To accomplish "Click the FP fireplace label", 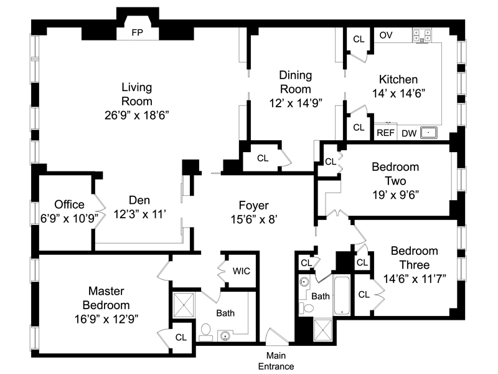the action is tap(137, 33).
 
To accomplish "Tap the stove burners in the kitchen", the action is tap(422, 36).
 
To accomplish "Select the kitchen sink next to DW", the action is tap(429, 132).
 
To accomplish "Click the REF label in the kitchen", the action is tap(385, 133).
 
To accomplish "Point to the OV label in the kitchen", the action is tap(386, 35).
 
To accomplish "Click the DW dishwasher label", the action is tap(409, 133).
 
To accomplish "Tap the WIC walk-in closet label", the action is tap(242, 271).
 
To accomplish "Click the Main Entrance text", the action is tap(276, 361).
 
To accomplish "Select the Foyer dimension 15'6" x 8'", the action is tap(254, 219).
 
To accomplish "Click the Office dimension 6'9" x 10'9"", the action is tap(69, 219).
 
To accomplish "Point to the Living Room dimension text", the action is tap(136, 115).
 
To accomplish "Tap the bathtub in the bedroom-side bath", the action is tap(342, 295).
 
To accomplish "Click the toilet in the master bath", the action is tap(206, 332).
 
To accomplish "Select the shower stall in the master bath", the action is tap(184, 305).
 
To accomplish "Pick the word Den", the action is tap(139, 200).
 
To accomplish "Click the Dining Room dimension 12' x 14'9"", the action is tap(296, 103).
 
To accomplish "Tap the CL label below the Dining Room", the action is tap(263, 158).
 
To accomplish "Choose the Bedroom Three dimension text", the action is tap(415, 279).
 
